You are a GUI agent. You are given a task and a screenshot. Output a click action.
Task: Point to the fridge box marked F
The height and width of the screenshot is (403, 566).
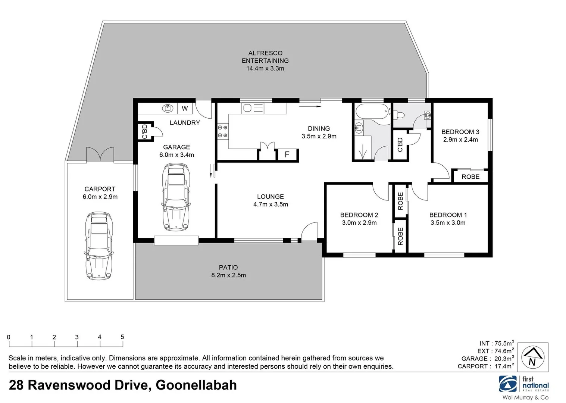pyautogui.click(x=287, y=154)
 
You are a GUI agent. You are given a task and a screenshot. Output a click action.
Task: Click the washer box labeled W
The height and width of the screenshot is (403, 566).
pyautogui.click(x=185, y=109)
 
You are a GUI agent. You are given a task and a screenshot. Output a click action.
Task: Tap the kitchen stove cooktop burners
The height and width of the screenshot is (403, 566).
pyautogui.click(x=222, y=131)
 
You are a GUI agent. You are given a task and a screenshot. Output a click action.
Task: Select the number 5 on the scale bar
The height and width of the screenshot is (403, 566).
pyautogui.click(x=122, y=337)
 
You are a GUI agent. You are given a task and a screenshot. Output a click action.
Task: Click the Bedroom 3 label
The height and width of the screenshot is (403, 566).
pyautogui.click(x=460, y=132)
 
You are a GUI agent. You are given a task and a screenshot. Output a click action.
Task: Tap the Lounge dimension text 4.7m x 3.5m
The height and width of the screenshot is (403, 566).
pyautogui.click(x=271, y=204)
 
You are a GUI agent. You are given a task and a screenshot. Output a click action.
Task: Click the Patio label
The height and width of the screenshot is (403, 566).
pyautogui.click(x=228, y=267)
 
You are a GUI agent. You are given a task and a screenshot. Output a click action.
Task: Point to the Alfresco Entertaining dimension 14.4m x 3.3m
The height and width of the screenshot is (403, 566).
pyautogui.click(x=265, y=68)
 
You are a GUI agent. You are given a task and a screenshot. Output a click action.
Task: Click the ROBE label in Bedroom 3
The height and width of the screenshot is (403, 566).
pyautogui.click(x=470, y=176)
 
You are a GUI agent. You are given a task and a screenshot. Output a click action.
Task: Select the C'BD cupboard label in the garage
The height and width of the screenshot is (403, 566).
pyautogui.click(x=145, y=131)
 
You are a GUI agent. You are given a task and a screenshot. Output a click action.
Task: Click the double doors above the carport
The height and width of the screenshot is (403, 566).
pyautogui.click(x=100, y=155)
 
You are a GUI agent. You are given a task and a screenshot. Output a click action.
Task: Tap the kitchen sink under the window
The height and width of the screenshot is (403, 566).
pyautogui.click(x=247, y=109)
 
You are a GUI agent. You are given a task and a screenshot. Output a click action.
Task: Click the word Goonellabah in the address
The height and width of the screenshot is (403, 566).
pyautogui.click(x=196, y=385)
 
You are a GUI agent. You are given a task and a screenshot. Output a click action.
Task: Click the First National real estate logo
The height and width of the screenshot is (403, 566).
pyautogui.click(x=524, y=384)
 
